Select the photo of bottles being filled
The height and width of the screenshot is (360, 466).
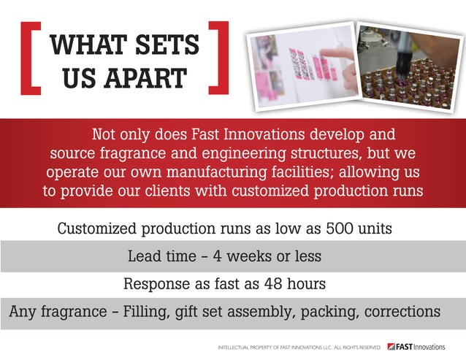[406, 64]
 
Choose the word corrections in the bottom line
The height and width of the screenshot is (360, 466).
[401, 312]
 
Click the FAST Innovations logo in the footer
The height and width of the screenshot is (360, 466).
[416, 346]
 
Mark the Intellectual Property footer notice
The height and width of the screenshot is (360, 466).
[299, 347]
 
